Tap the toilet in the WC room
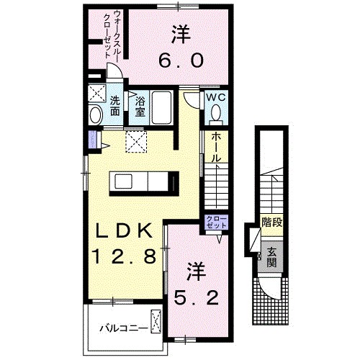coord(216,114)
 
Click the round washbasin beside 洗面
coord(96,114)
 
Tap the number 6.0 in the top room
coord(180,61)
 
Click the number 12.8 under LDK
coord(123,256)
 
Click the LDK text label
coord(123,231)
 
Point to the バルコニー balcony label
coord(124,328)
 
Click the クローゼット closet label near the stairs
coord(216,222)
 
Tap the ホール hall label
coord(215,148)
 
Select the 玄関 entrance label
coord(272,258)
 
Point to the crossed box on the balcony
coord(156,319)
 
